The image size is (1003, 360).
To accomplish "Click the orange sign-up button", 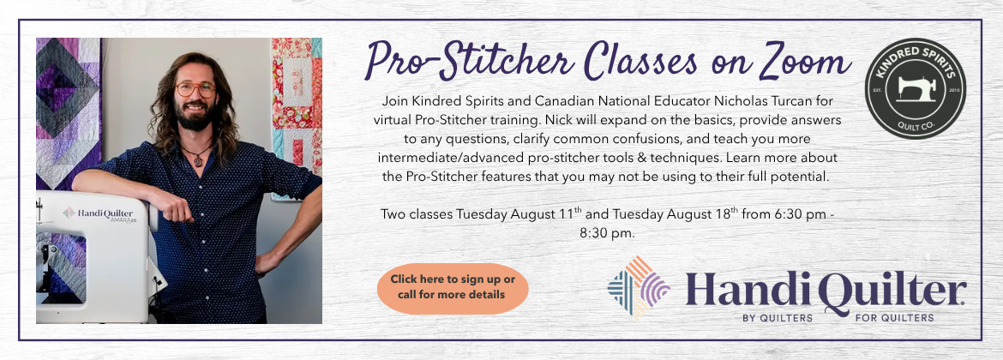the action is point(453,288).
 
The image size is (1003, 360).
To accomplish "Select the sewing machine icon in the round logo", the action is point(916,88).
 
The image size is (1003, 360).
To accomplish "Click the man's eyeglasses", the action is point(195,89).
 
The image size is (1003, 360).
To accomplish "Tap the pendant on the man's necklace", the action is point(199,161).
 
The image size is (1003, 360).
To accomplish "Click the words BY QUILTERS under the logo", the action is point(778,318).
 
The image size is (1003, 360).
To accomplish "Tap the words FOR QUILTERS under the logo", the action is point(893,318).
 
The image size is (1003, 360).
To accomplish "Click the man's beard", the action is point(195,117).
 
